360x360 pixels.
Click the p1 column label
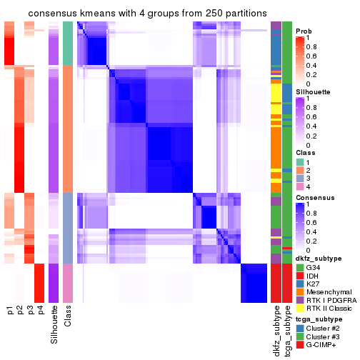click(10, 311)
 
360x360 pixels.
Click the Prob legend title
click(304, 31)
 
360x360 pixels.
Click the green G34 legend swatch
click(300, 267)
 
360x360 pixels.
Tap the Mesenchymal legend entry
click(329, 293)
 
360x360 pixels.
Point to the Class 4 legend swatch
click(300, 187)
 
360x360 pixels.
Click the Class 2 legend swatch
click(300, 170)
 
